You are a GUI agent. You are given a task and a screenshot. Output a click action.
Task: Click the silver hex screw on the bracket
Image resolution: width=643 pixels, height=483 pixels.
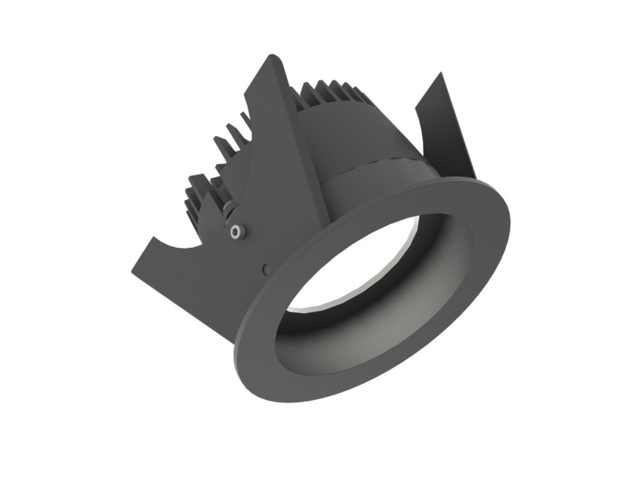[x=235, y=232]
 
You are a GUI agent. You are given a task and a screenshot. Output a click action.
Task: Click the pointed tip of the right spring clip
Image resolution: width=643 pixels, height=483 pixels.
[x=440, y=75]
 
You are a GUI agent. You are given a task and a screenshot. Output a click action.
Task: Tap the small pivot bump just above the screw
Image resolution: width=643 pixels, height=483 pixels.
[x=231, y=211]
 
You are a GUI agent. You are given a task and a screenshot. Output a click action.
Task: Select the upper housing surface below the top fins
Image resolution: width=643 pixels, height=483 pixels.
[x=354, y=133]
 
